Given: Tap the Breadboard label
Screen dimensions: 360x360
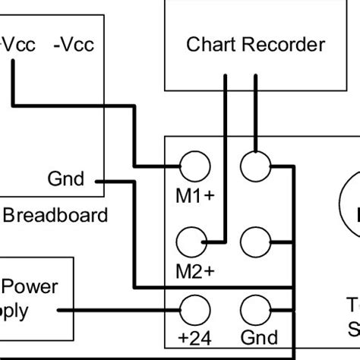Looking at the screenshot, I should tap(55, 215).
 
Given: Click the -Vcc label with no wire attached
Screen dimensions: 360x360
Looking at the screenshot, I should tap(74, 45).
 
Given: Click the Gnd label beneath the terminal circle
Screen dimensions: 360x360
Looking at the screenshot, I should tap(259, 338).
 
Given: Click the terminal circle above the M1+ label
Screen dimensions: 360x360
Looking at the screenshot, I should tap(194, 165).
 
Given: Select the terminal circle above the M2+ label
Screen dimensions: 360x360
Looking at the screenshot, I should tap(194, 242).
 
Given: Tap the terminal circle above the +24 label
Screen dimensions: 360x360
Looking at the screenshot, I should tap(194, 310).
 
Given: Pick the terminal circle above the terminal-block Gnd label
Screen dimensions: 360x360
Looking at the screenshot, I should tap(257, 310).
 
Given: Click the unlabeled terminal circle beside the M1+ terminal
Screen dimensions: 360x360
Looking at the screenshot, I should tap(257, 165).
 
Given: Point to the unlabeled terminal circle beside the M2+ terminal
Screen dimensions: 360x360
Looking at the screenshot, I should tap(257, 242).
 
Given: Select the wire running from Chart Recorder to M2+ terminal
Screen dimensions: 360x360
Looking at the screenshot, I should tap(226, 152).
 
